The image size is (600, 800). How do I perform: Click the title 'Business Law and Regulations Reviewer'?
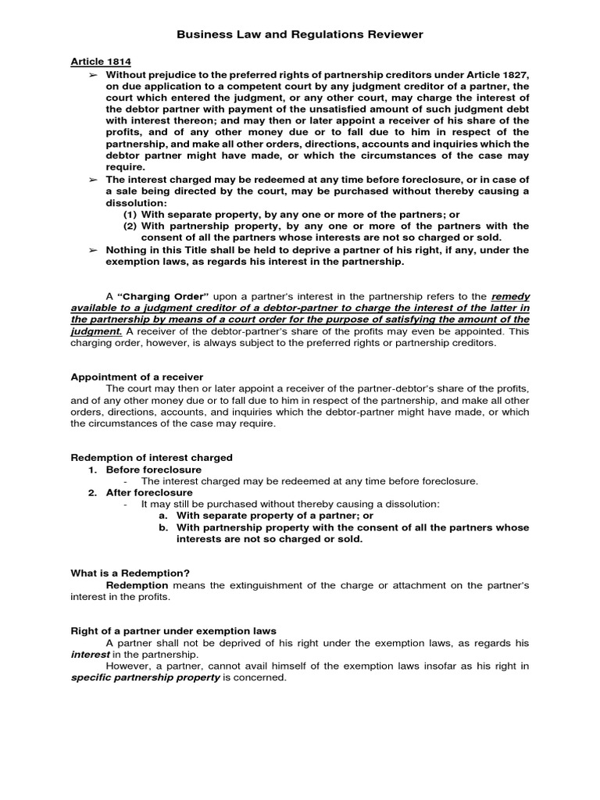[x=300, y=34]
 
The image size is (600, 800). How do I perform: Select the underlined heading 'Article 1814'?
[x=101, y=62]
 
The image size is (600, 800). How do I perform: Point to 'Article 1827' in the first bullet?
[x=498, y=74]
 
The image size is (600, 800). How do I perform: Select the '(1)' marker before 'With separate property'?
[x=130, y=215]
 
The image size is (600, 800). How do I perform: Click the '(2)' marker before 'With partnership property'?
[x=130, y=227]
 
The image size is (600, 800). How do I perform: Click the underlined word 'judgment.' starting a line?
[x=95, y=330]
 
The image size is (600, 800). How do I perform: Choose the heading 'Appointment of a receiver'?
[x=137, y=377]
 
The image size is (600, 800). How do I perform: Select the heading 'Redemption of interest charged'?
[x=152, y=458]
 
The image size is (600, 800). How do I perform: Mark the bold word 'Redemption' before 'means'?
[x=137, y=585]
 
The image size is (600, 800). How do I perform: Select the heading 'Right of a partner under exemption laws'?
[x=173, y=630]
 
